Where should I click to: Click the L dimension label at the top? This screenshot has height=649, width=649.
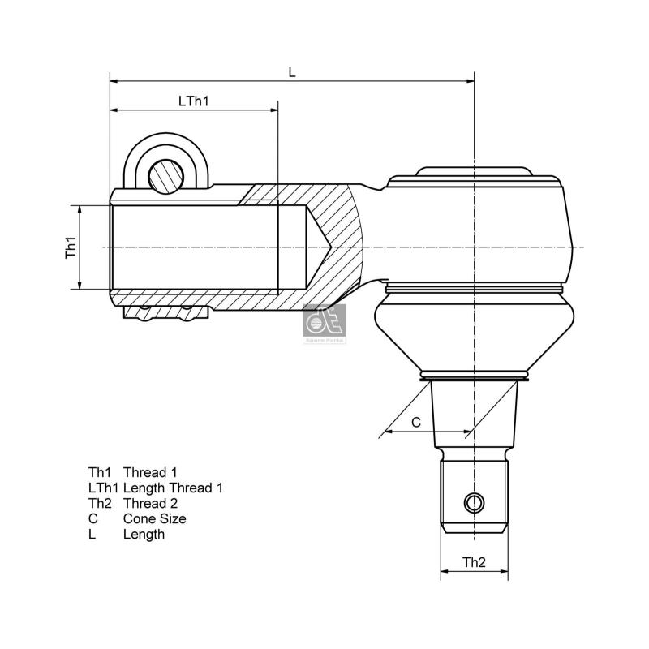[x=292, y=72]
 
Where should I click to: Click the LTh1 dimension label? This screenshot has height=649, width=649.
[x=194, y=101]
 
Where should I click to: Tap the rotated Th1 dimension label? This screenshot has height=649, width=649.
[x=71, y=247]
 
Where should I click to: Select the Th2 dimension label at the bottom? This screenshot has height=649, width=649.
[x=474, y=561]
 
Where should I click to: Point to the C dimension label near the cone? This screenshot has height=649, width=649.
[x=416, y=422]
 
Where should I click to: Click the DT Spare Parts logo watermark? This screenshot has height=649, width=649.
[x=324, y=324]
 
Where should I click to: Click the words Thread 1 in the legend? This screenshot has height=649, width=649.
[x=150, y=471]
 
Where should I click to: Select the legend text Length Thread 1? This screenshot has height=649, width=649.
[x=173, y=488]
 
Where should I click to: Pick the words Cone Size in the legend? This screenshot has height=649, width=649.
[x=154, y=518]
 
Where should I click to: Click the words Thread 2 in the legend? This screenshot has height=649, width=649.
[x=150, y=503]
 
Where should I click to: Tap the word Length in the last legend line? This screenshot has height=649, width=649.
[x=144, y=534]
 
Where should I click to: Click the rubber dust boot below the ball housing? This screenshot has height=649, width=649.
[x=475, y=333]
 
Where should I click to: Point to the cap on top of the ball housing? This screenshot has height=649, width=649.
[x=475, y=172]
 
